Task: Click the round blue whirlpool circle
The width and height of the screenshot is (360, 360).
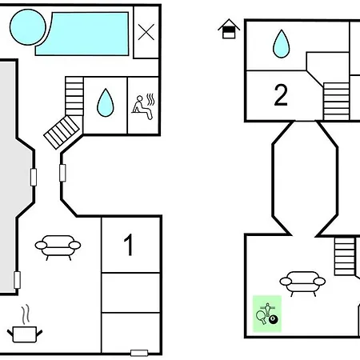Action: [28, 27]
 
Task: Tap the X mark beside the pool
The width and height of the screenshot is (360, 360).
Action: [146, 32]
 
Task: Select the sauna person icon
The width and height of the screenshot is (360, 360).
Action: [143, 106]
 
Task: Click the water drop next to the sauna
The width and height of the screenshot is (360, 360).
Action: [106, 102]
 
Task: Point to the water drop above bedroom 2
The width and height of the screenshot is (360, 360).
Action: [281, 44]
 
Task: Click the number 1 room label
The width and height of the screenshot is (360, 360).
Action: [129, 245]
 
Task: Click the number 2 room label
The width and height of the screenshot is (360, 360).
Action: [281, 95]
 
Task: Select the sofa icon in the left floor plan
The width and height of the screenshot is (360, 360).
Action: [58, 247]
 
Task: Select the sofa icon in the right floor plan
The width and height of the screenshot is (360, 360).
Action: [302, 284]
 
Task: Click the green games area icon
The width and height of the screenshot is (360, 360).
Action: [267, 314]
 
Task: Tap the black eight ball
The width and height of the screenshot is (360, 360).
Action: [273, 319]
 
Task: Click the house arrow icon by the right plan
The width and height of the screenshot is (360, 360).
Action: [229, 29]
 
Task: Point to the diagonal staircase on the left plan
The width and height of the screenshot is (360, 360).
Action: [62, 132]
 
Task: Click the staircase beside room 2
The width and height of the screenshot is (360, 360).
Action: [336, 102]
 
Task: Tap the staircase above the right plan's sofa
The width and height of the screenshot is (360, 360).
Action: [345, 256]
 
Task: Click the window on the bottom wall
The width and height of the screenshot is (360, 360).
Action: [139, 353]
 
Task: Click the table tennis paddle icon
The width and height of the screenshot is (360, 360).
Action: [261, 317]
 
